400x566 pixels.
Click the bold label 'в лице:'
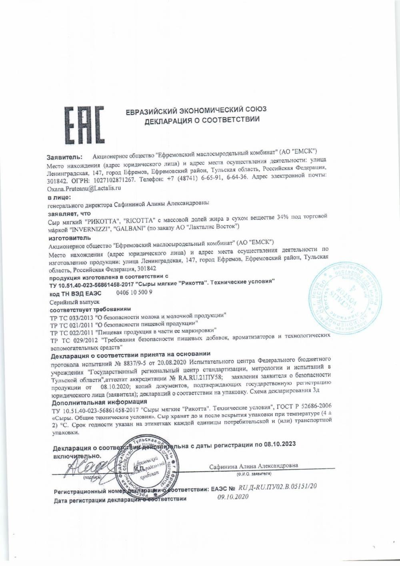pos(59,197)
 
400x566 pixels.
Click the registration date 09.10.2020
pos(233,496)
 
